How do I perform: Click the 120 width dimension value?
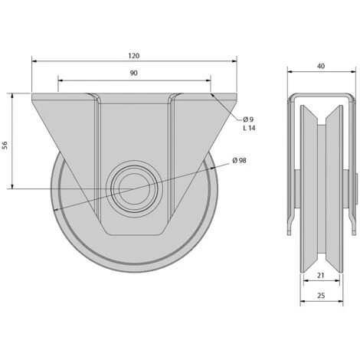coord(133,56)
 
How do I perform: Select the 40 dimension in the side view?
coord(320,67)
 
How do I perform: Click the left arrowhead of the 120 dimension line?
coord(34,61)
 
